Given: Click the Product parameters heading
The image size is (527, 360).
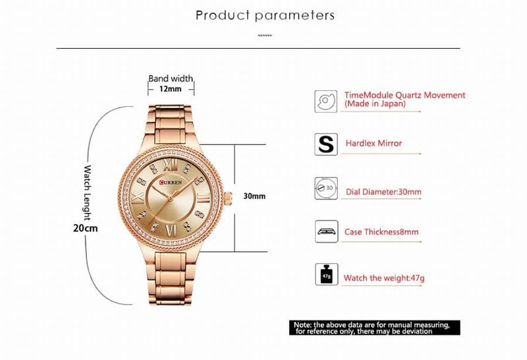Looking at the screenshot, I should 265,15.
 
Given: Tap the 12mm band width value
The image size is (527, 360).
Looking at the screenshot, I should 170,89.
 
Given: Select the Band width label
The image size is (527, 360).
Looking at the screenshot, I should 171,78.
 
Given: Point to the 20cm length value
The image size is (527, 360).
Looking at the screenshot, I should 85,228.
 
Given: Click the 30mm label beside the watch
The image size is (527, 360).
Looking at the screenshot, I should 254,196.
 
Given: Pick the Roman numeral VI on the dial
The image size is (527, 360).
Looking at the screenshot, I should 171,230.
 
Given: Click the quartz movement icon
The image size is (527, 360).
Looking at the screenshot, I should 325,100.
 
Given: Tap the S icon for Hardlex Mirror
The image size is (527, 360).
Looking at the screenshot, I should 325,143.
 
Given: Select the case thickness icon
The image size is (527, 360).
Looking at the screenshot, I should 325,231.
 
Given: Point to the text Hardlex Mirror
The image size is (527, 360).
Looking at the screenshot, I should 374,143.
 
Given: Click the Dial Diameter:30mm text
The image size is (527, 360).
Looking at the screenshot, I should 383,193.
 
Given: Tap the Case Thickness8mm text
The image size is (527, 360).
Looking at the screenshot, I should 381,232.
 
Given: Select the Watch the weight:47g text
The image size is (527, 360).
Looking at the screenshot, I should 384,278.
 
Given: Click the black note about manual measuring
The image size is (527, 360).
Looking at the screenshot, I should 372,328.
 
